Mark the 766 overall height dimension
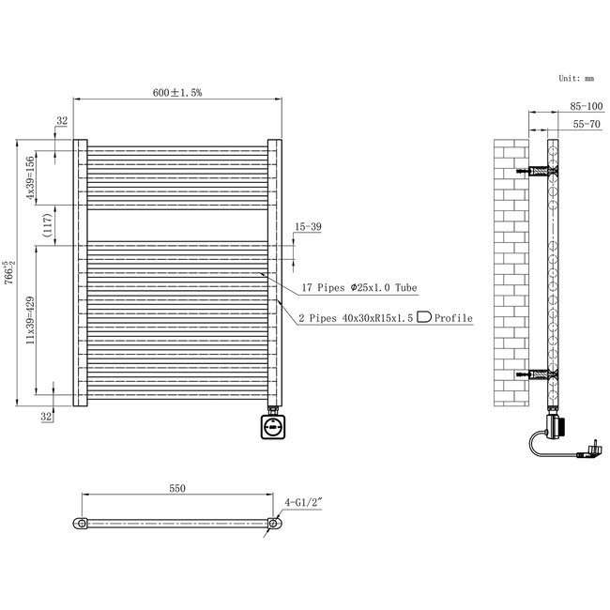[8, 274]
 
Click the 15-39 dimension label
[308, 227]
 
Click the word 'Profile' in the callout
[451, 319]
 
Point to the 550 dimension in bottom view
[177, 488]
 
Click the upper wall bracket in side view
[540, 173]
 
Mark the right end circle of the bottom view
[274, 523]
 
